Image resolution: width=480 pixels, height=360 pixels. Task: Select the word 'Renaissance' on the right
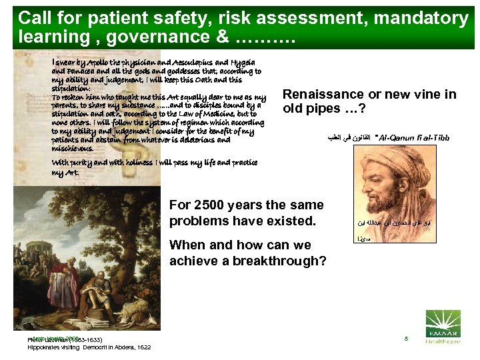(323, 95)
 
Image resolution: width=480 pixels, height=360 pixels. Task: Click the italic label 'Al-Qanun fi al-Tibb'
(413, 138)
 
